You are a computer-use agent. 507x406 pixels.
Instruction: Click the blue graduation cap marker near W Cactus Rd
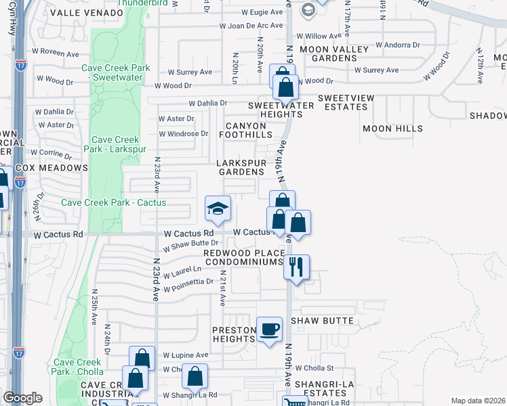[x=218, y=209]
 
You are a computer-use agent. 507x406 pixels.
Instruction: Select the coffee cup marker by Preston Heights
[x=270, y=330]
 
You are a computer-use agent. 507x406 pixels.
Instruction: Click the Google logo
[x=22, y=398]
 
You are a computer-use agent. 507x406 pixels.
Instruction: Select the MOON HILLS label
[x=392, y=128]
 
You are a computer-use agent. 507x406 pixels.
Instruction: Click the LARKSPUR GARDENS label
[x=245, y=168]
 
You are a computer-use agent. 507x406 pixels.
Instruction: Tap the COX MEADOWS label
[x=52, y=167]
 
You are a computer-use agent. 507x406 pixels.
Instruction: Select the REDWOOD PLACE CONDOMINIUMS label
[x=245, y=257]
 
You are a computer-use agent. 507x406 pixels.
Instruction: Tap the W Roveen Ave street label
[x=56, y=51]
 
